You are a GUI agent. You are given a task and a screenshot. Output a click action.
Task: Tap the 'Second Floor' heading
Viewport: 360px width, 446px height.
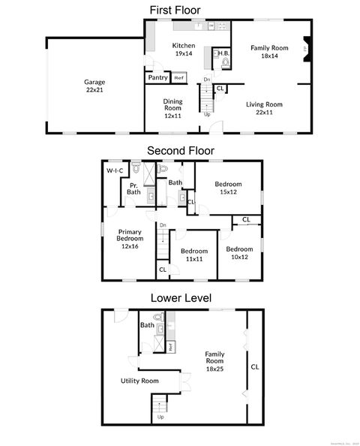[x=180, y=150]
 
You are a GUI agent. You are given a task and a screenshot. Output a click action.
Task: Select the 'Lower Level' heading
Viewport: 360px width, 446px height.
[x=180, y=297]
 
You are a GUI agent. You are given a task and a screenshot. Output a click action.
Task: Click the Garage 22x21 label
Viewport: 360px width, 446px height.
[x=94, y=85]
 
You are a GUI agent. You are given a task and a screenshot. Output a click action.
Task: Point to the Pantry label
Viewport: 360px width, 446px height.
[x=157, y=77]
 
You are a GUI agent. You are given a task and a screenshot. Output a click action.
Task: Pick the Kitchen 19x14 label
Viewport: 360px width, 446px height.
[x=184, y=50]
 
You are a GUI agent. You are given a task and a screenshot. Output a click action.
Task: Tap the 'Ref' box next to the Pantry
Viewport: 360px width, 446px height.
[x=178, y=77]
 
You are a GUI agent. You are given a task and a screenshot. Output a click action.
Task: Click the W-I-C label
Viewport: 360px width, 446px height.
[x=115, y=171]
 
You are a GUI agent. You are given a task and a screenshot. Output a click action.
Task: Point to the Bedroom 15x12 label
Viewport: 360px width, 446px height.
[x=228, y=187]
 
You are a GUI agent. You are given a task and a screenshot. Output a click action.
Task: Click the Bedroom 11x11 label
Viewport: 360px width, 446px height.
[x=193, y=255]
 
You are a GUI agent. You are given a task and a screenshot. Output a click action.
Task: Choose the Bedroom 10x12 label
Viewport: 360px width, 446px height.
[x=239, y=253]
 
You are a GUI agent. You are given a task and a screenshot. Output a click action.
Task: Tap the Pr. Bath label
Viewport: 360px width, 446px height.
[x=133, y=188]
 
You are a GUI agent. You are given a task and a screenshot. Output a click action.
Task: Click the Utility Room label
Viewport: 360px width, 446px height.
[x=139, y=381]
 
